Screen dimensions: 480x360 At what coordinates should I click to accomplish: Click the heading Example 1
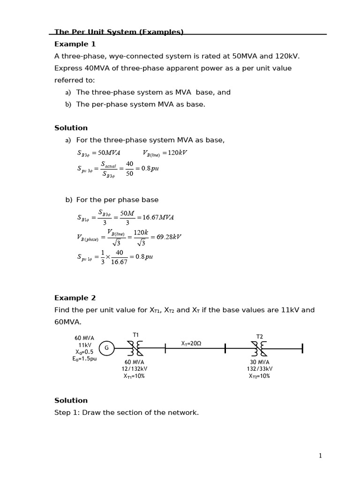point(75,44)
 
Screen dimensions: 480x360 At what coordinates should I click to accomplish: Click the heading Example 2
point(75,298)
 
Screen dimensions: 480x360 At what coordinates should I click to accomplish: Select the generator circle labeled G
point(106,348)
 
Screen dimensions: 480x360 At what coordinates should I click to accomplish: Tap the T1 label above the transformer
point(136,335)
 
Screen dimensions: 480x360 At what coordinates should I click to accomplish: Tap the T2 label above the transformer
point(260,337)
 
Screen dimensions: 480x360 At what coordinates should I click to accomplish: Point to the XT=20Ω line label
point(191,344)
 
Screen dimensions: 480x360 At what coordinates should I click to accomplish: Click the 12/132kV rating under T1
point(134,369)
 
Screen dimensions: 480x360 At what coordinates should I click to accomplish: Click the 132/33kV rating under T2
point(259,369)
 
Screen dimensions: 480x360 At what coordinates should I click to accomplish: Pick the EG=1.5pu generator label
point(84,359)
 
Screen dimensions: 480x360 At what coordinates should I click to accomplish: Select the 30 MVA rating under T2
point(259,362)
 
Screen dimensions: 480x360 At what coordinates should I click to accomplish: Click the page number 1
point(320,456)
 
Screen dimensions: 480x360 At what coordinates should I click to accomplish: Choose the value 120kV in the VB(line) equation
point(177,153)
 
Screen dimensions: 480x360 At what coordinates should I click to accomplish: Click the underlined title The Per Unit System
point(119,32)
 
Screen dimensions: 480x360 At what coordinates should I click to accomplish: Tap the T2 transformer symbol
point(259,349)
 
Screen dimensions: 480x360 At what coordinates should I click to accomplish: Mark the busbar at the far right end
point(302,348)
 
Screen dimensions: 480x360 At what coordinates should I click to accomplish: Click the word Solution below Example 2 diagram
point(71,400)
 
